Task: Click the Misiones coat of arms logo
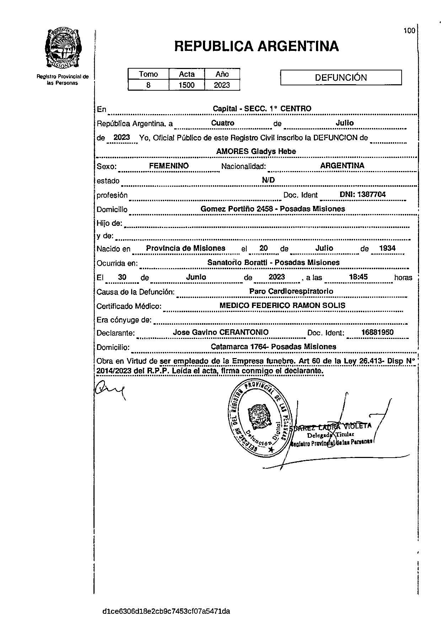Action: [63, 48]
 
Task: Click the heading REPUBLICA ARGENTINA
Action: [256, 46]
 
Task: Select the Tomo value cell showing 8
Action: [148, 85]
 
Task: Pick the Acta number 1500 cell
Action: [187, 85]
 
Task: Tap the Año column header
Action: [222, 74]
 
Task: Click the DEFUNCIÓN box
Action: [341, 78]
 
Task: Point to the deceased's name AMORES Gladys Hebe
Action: [256, 151]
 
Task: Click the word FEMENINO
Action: [169, 166]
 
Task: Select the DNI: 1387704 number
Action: [363, 195]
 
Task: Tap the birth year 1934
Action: [387, 248]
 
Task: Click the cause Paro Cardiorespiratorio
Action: [291, 291]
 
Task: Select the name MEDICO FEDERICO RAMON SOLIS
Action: [282, 305]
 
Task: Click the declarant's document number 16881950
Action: [377, 332]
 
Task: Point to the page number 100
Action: [409, 31]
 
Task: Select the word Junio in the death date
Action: [196, 277]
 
